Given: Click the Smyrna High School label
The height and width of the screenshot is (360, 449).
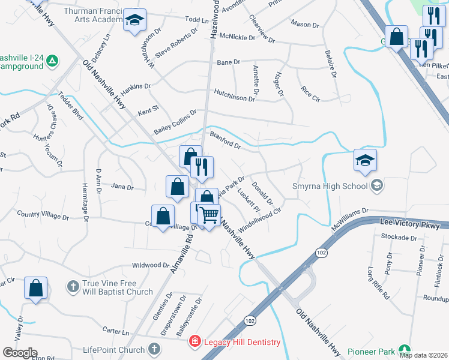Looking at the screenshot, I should (330, 186).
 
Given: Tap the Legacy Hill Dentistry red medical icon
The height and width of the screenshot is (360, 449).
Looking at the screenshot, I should (194, 342).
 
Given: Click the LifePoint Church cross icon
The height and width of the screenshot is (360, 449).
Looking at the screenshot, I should (154, 350).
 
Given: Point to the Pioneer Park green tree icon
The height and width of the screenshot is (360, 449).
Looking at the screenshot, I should (405, 350).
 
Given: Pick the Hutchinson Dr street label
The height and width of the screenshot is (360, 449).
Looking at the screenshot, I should (234, 94).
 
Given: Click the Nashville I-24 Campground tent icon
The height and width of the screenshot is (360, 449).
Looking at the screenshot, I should (52, 61).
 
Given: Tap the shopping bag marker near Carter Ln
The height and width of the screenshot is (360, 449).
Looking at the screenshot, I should (35, 287).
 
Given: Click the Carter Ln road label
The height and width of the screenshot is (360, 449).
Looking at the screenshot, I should (116, 331).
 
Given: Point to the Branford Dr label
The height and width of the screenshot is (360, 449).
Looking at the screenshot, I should (225, 139).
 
